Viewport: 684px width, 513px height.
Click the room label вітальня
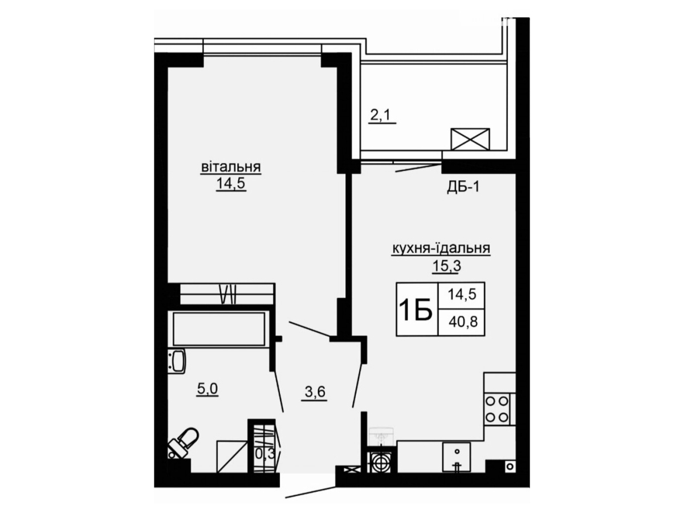(x=231, y=167)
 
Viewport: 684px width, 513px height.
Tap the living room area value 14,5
(x=231, y=184)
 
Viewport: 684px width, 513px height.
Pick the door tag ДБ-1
(x=463, y=188)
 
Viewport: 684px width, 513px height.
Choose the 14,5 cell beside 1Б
(x=462, y=294)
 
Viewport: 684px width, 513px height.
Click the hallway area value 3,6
(x=315, y=392)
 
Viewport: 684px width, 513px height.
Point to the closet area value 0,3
(x=265, y=454)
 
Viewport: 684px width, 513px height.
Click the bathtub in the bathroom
(x=219, y=329)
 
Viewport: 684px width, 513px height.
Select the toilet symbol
(x=183, y=443)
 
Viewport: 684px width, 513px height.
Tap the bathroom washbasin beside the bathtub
(x=177, y=361)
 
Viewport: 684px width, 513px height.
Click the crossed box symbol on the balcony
(x=470, y=139)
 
